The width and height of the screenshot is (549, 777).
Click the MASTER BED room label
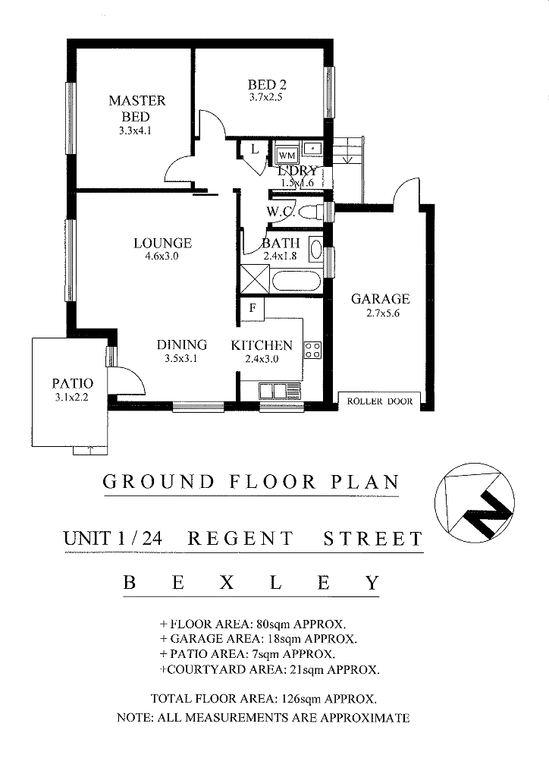tap(136, 109)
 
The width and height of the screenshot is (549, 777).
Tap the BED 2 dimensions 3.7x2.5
tap(266, 98)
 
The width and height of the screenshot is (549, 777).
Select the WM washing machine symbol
tap(287, 156)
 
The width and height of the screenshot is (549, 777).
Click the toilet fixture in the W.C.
tap(312, 212)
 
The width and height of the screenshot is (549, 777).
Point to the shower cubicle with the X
tap(255, 280)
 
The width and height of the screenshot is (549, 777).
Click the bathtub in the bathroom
tap(296, 281)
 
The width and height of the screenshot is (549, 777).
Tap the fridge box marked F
tap(253, 309)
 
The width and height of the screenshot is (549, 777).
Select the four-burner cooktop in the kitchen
tap(313, 350)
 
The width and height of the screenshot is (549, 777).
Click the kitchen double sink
tap(279, 391)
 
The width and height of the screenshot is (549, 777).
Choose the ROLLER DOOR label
tap(380, 401)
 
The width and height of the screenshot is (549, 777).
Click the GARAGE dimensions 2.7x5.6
tap(383, 313)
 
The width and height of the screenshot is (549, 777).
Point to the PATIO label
tap(72, 383)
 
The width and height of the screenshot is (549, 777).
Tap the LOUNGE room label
tap(162, 243)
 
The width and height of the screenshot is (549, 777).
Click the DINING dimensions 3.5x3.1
tap(181, 359)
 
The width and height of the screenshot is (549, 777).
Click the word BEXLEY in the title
tap(252, 582)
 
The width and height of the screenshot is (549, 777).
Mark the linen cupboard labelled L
tap(255, 149)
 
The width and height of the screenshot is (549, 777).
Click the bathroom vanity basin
tap(315, 249)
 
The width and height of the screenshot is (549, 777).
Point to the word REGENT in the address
tap(241, 539)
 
